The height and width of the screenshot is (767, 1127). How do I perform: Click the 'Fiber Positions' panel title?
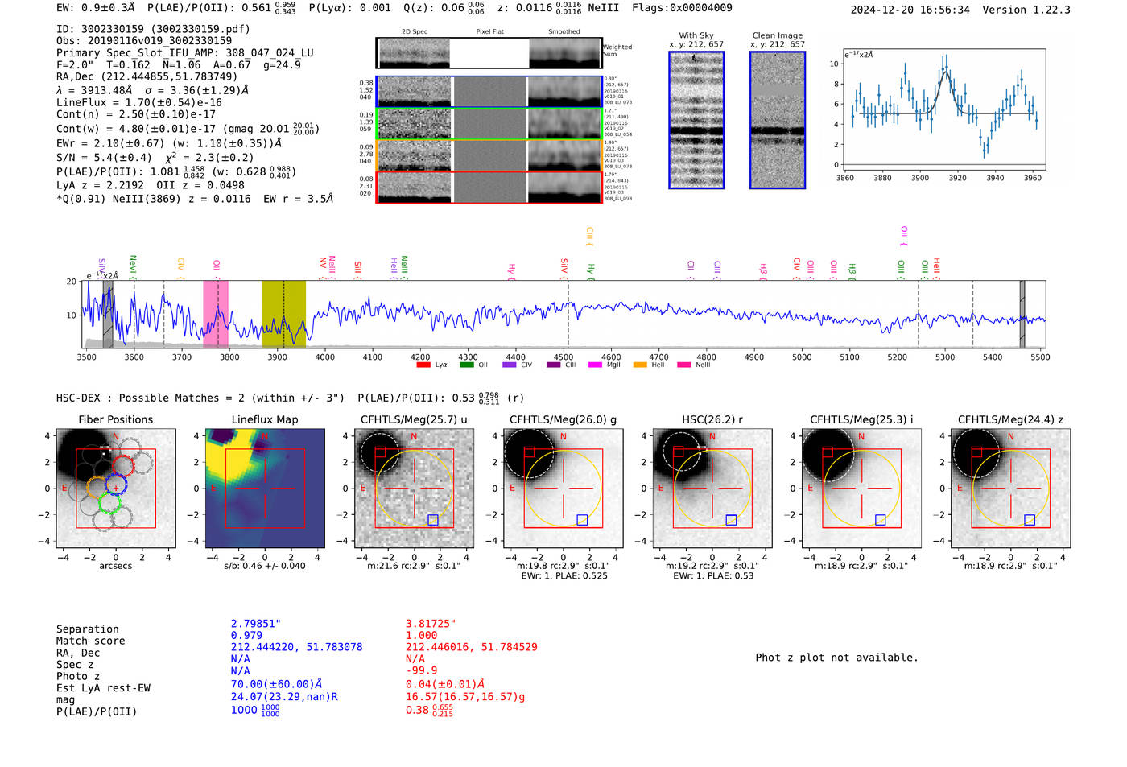click(115, 419)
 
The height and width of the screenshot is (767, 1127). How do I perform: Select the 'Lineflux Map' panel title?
click(264, 419)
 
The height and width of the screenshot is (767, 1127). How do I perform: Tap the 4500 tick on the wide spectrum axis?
click(563, 357)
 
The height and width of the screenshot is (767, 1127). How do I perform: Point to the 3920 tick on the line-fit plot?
click(957, 178)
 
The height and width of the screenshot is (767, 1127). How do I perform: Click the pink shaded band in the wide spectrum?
click(216, 314)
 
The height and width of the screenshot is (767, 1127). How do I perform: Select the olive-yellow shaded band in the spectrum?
click(283, 314)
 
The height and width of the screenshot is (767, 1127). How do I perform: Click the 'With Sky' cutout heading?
click(696, 35)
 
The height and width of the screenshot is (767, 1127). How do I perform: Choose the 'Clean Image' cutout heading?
click(777, 35)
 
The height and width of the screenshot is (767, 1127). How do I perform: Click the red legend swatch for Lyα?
click(423, 365)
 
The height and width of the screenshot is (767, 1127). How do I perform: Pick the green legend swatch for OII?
click(466, 365)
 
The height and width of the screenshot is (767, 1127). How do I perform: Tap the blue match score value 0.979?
click(246, 635)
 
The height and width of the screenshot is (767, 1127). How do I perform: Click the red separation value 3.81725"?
click(431, 624)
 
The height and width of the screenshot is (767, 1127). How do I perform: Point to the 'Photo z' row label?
click(78, 676)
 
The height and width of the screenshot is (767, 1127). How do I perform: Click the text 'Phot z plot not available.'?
click(836, 658)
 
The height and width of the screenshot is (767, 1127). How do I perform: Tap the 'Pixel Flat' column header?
click(489, 31)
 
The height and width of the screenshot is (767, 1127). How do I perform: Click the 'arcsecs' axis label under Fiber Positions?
click(115, 566)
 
